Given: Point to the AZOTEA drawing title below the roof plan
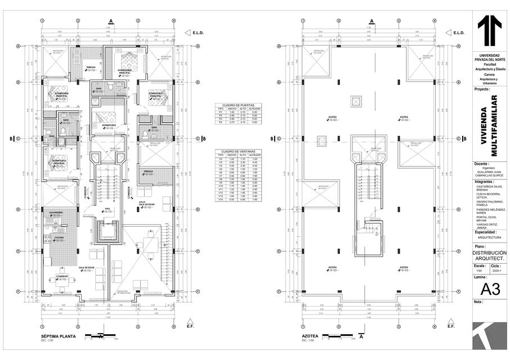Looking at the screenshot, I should [x=310, y=336].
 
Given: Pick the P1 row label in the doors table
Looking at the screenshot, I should [x=221, y=112].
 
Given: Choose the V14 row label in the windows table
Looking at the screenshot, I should [x=221, y=199].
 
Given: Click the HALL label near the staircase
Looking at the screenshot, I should [x=107, y=207].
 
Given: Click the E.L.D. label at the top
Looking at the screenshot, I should [x=198, y=33].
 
